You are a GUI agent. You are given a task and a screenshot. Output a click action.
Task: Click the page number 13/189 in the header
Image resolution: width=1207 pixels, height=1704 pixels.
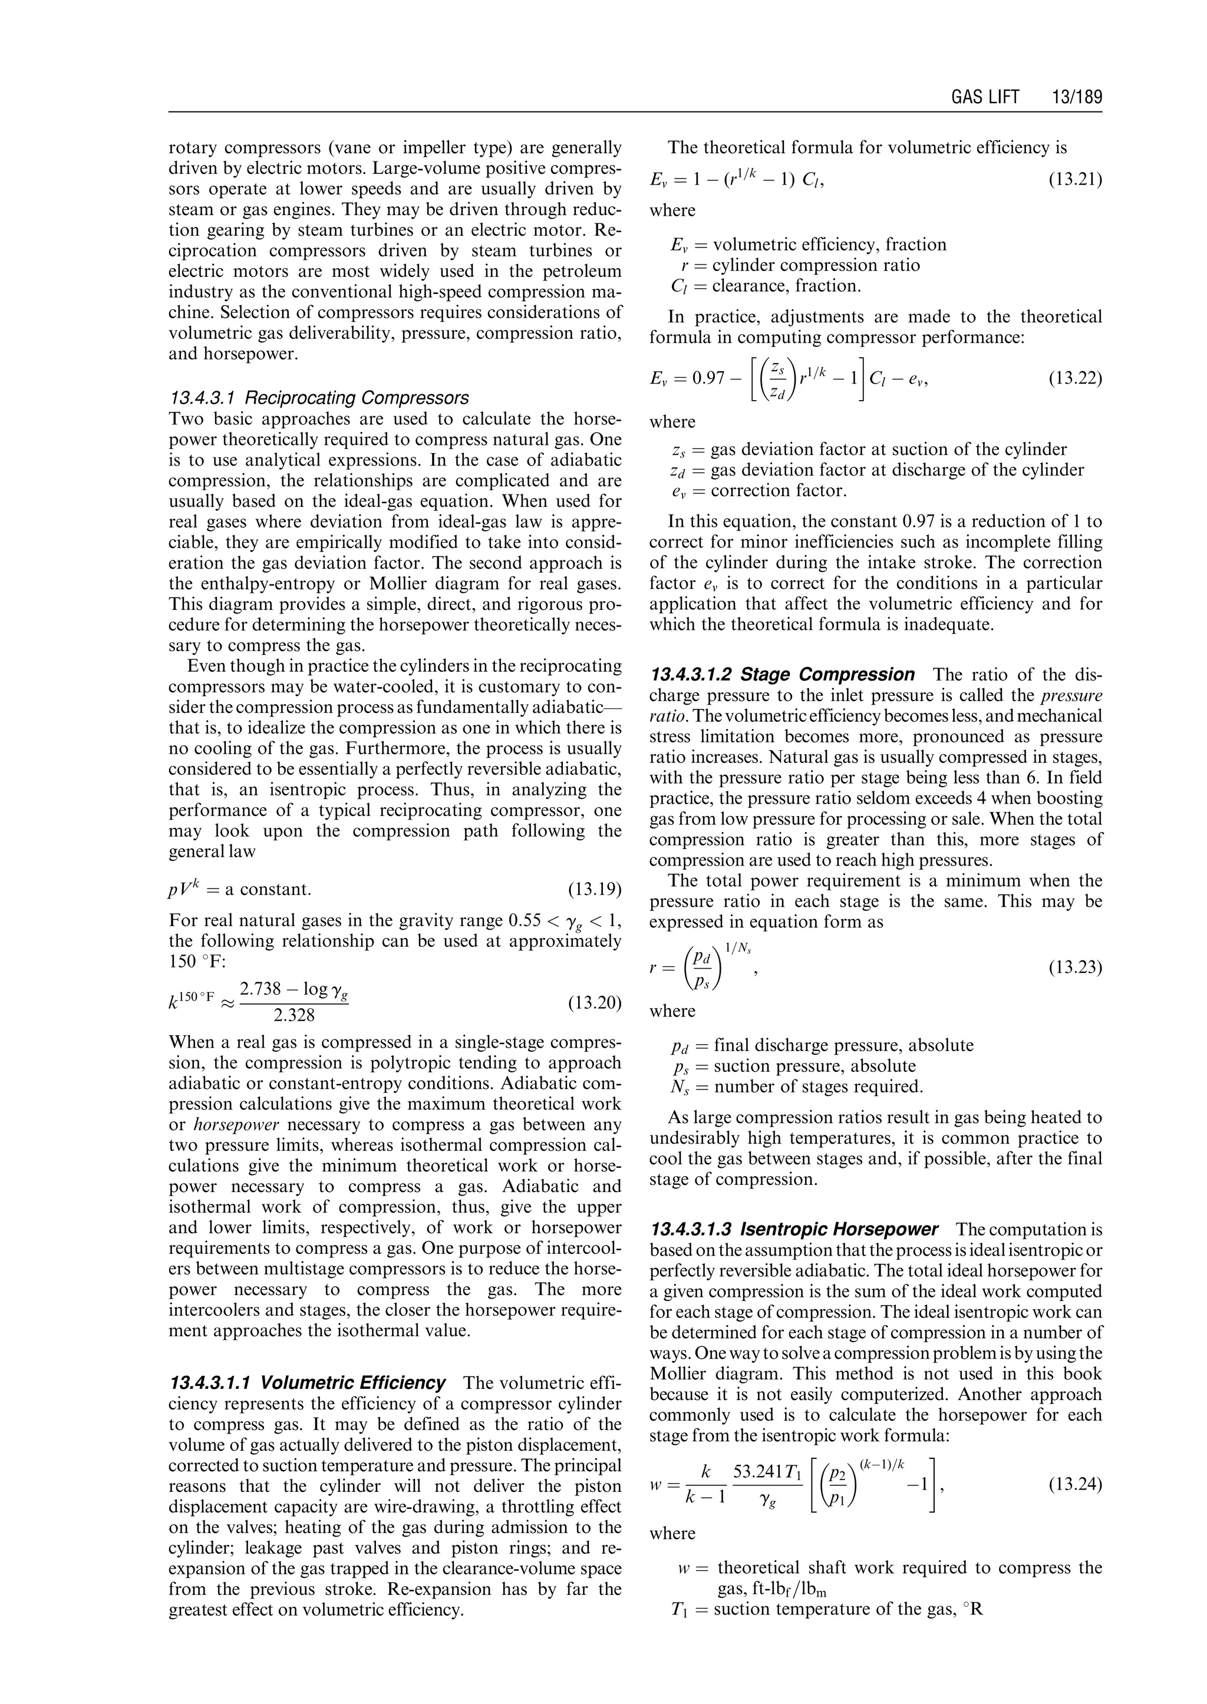pyautogui.click(x=1076, y=97)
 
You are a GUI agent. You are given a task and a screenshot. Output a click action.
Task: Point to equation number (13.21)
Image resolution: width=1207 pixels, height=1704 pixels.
pyautogui.click(x=1075, y=179)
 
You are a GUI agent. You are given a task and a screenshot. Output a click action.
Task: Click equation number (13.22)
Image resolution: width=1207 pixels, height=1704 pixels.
pyautogui.click(x=1075, y=378)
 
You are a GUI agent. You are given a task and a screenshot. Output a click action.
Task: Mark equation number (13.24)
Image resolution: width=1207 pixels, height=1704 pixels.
pyautogui.click(x=1075, y=1484)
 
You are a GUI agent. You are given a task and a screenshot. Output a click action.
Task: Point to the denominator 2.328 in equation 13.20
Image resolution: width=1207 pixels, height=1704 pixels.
pyautogui.click(x=293, y=1015)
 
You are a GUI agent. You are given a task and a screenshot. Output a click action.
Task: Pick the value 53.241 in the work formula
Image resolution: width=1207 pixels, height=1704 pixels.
pyautogui.click(x=760, y=1471)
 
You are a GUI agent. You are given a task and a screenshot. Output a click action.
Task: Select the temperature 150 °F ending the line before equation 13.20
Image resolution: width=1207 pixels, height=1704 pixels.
pyautogui.click(x=192, y=962)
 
